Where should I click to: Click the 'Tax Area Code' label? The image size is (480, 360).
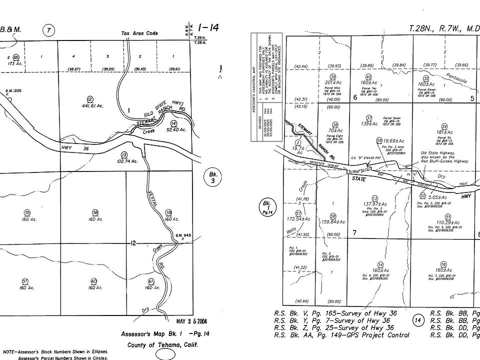(139, 33)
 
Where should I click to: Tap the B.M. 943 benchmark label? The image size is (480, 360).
(183, 235)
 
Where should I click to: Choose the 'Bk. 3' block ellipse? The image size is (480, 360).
(213, 177)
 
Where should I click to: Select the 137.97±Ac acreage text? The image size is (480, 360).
(380, 204)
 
